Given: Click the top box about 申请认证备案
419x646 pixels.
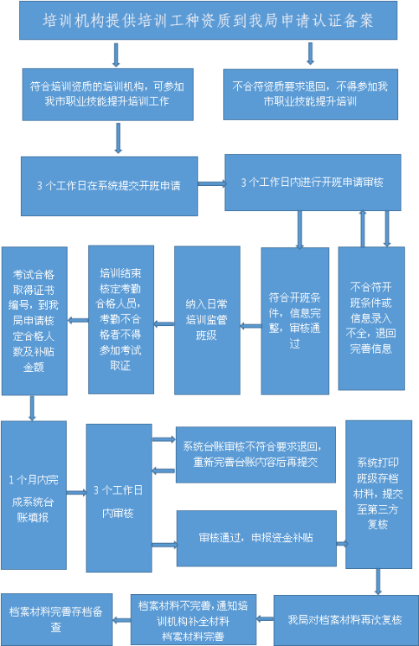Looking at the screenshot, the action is click(208, 21).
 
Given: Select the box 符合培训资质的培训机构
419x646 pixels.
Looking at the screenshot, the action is click(107, 95).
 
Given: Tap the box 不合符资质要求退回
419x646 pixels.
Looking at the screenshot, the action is click(310, 95).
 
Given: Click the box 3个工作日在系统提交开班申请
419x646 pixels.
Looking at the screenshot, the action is click(109, 186).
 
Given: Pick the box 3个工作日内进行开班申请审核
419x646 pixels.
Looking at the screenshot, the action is click(313, 183).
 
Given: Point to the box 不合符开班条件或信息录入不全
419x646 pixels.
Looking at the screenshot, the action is click(371, 318).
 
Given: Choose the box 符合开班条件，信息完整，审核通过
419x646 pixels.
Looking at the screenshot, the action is click(295, 321).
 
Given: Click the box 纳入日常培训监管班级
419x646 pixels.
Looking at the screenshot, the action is click(207, 320).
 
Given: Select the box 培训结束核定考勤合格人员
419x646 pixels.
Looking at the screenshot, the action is click(122, 320).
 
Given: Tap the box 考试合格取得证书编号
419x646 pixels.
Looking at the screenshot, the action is click(34, 321).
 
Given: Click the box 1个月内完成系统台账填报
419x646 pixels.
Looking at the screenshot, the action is click(34, 495).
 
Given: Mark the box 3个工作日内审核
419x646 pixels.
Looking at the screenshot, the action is click(119, 498).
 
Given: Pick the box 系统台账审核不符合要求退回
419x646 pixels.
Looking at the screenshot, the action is click(256, 455).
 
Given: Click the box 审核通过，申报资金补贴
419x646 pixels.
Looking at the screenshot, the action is click(256, 539).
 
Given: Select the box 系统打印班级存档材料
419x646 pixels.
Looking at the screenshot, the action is click(379, 494).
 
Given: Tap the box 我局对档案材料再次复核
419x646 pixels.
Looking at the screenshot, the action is click(346, 620).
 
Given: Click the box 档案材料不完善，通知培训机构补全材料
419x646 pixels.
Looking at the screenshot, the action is click(194, 620).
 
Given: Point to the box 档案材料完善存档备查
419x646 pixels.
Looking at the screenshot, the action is click(56, 619).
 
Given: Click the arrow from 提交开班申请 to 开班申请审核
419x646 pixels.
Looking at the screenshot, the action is click(211, 183).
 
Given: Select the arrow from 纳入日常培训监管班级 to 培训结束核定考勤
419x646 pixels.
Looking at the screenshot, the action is click(164, 324).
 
